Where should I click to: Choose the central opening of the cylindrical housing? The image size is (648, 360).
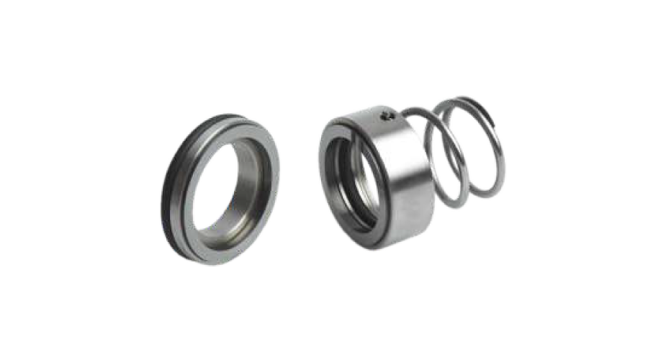pyautogui.click(x=349, y=180)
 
